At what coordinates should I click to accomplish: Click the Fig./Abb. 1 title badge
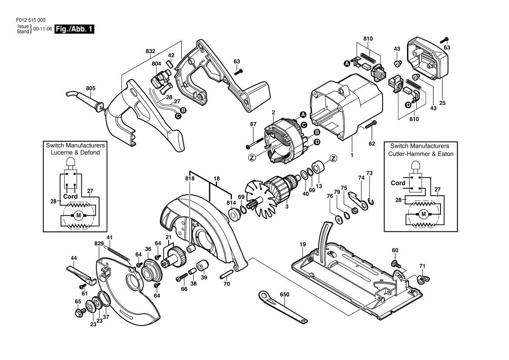tap(75, 29)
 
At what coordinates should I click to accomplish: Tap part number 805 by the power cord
tap(91, 88)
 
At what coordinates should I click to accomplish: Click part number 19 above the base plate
tap(302, 245)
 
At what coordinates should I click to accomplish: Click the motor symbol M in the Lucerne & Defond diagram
tap(78, 215)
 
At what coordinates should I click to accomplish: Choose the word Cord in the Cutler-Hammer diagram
tap(398, 183)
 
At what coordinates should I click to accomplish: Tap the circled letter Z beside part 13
tap(333, 158)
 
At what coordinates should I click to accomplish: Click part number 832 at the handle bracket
tap(150, 51)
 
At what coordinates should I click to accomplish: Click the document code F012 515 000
tap(31, 20)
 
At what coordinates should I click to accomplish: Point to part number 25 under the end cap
tap(442, 103)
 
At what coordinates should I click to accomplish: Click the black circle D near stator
tap(317, 142)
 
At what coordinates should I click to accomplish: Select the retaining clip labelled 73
tap(371, 201)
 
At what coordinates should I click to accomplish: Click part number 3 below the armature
tap(287, 207)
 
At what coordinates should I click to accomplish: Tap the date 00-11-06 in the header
tap(43, 29)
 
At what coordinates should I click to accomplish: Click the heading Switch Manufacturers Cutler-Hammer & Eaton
tap(421, 150)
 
